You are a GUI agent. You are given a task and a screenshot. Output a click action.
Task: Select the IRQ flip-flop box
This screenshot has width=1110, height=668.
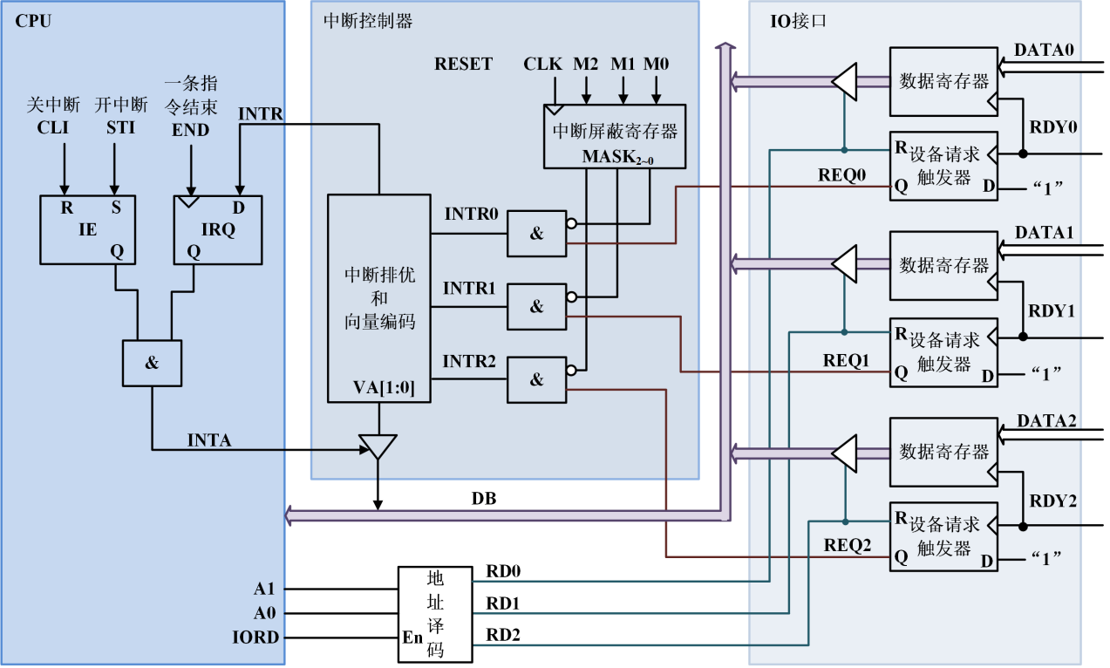click(217, 229)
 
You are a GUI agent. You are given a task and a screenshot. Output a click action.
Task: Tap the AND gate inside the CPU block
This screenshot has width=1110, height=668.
click(152, 363)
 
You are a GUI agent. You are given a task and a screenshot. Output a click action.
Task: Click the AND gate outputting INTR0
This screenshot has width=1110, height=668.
click(536, 233)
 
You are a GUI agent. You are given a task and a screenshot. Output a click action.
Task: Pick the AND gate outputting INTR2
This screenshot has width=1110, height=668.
click(536, 379)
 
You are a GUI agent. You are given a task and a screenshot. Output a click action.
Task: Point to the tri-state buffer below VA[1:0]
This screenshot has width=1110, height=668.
click(378, 446)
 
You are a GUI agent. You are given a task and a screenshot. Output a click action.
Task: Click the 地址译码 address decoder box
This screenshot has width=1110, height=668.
click(434, 614)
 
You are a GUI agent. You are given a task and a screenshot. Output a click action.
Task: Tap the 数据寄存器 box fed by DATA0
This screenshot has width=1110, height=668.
click(943, 82)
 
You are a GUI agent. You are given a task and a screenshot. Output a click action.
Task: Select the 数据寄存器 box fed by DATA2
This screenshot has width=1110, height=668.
click(943, 452)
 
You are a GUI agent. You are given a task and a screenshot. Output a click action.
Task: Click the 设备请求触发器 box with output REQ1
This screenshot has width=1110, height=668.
click(943, 351)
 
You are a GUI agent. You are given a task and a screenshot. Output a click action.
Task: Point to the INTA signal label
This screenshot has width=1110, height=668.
click(209, 440)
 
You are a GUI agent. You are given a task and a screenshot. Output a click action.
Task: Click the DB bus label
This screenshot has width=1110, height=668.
click(484, 500)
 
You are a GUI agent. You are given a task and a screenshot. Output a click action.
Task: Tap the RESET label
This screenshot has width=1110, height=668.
click(463, 65)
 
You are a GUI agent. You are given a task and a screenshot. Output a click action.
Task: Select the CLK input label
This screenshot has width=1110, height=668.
click(543, 65)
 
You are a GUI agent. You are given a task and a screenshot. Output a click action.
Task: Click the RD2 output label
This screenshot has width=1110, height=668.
click(503, 636)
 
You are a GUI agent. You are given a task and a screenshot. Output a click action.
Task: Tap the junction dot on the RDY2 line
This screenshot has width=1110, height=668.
click(1023, 526)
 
